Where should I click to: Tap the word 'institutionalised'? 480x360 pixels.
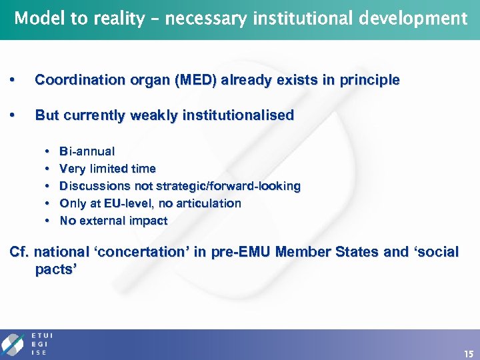click(x=239, y=115)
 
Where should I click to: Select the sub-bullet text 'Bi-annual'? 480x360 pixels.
click(x=87, y=151)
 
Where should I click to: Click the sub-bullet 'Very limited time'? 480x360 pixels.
click(x=107, y=169)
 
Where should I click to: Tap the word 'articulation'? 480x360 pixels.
click(x=209, y=203)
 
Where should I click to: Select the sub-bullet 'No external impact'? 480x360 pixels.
click(x=113, y=221)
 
